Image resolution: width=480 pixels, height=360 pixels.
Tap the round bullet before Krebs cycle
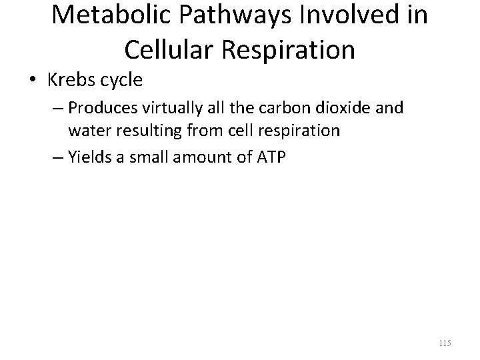click(29, 81)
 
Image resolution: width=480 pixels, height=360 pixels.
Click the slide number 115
click(445, 343)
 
